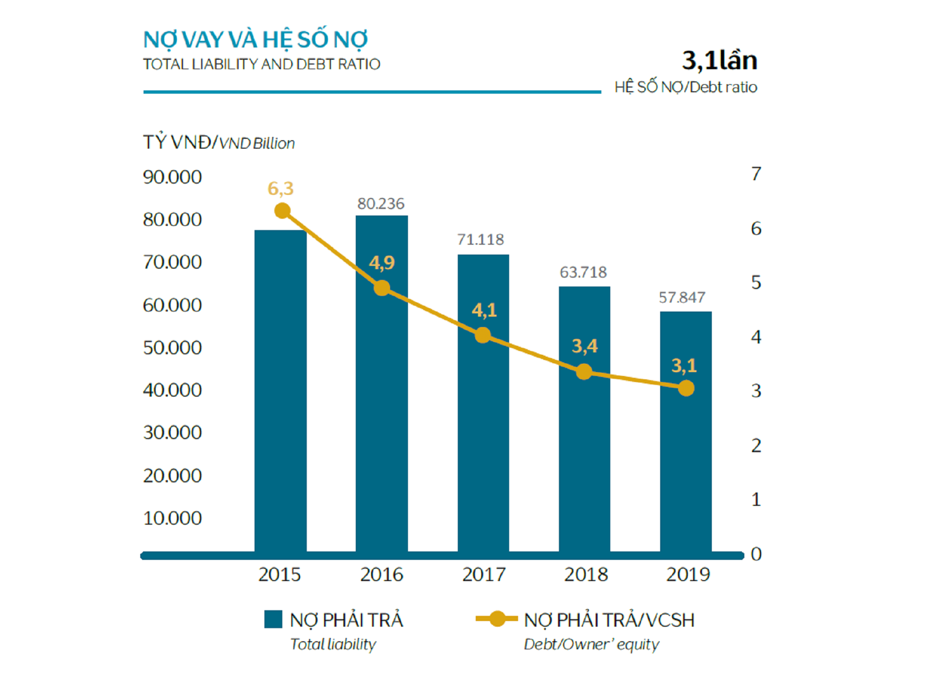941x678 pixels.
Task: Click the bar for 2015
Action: pos(280,391)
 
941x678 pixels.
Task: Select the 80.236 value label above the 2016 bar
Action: pos(381,204)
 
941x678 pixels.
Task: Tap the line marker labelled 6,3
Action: pos(282,211)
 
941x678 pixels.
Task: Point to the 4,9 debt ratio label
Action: pos(382,263)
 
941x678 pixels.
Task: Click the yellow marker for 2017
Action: pos(483,335)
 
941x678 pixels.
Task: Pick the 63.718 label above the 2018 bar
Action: pos(583,272)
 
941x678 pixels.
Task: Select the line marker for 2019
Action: pos(686,388)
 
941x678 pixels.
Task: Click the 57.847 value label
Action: pos(682,297)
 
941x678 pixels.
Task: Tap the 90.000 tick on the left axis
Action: pos(172,177)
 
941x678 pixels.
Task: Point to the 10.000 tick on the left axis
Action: pos(172,518)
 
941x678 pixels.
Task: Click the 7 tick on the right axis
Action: pos(756,174)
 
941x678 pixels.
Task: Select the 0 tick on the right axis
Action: pos(756,554)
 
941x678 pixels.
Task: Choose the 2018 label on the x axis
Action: pos(586,574)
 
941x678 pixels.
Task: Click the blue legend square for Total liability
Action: pos(273,619)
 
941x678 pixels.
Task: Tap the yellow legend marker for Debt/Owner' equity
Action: pos(497,619)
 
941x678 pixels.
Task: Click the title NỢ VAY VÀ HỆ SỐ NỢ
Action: pos(255,40)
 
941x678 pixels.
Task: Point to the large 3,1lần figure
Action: pos(719,61)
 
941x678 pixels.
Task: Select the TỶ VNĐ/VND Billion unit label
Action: pos(219,143)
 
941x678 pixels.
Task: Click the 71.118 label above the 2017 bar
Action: pos(480,239)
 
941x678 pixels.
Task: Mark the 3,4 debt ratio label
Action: pos(584,346)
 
